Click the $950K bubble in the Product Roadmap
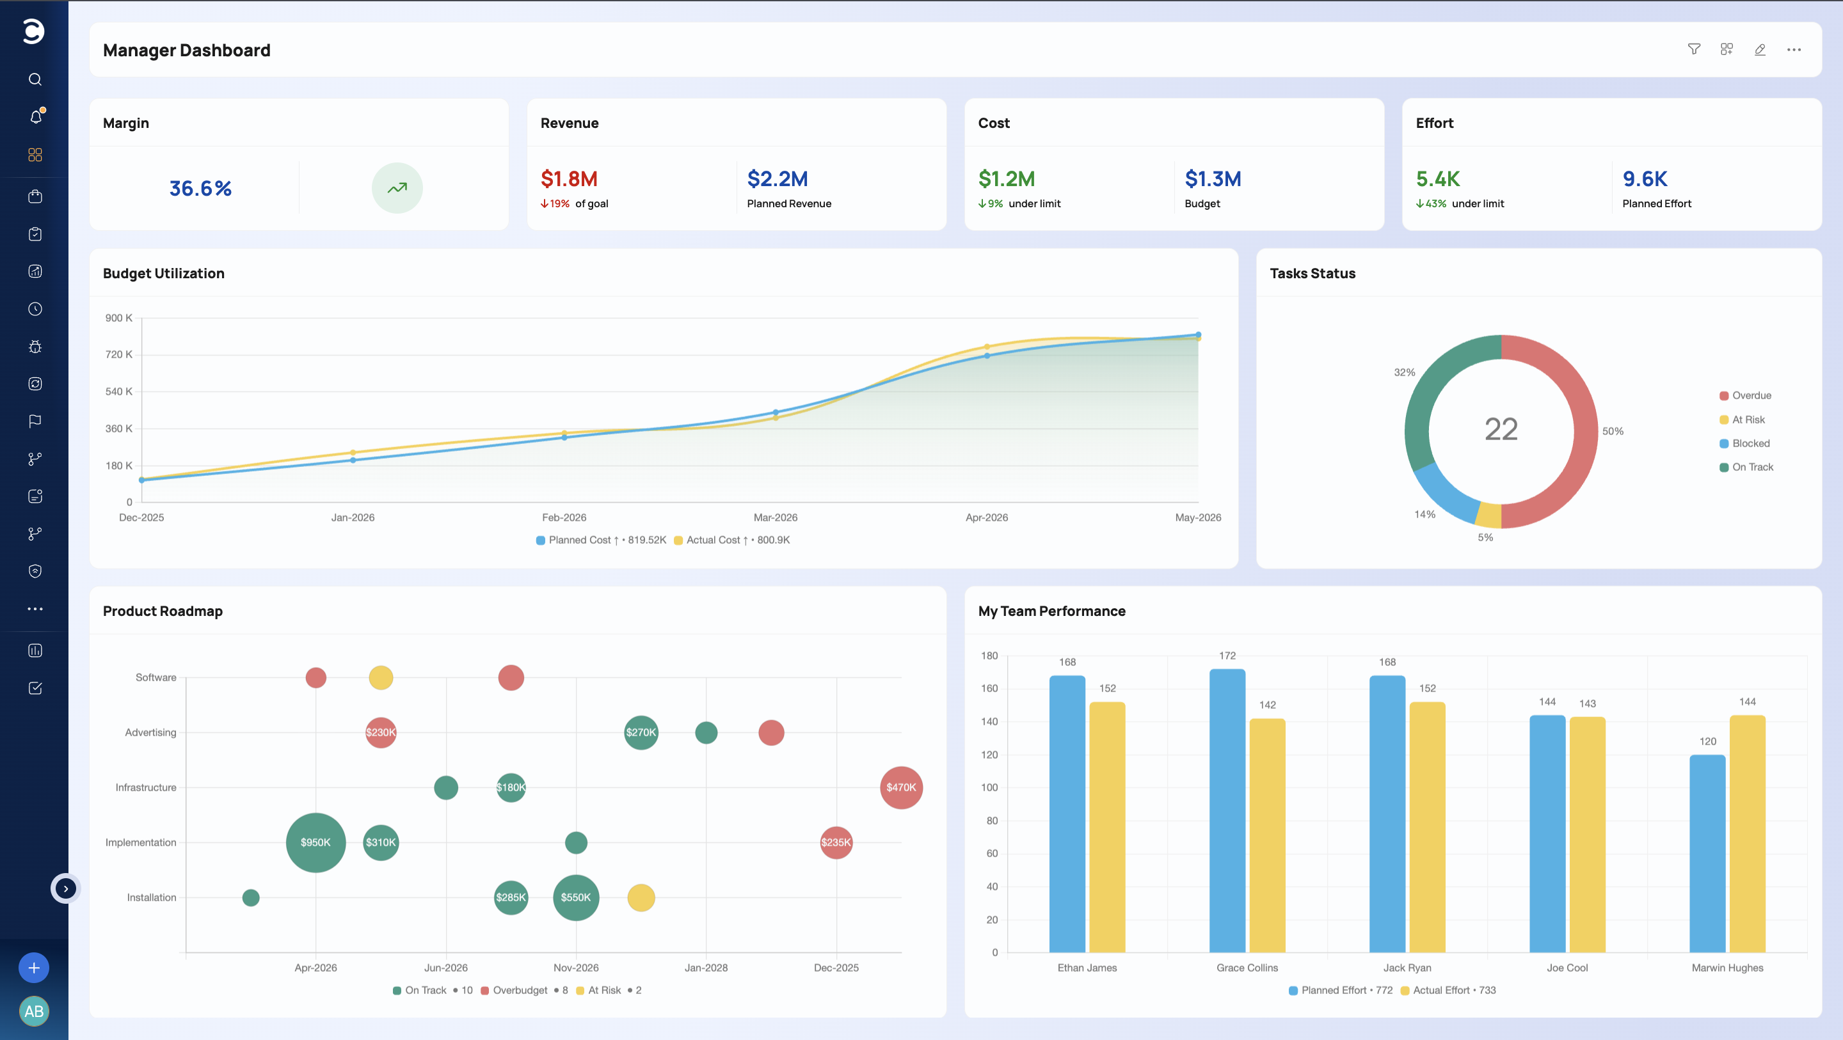point(315,842)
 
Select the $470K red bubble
point(901,787)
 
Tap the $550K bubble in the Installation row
point(576,897)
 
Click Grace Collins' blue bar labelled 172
point(1227,810)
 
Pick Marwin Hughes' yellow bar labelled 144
point(1747,833)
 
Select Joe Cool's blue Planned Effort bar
point(1547,833)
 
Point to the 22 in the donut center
point(1501,429)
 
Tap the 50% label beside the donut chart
point(1613,431)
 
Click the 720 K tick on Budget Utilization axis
point(119,355)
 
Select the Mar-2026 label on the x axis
point(776,517)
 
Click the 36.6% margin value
point(200,188)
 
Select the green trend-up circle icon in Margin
point(397,188)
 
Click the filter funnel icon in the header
point(1693,49)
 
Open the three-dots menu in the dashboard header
point(1794,49)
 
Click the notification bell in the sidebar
point(36,116)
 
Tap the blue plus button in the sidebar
point(34,968)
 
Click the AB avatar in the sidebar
point(34,1011)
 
